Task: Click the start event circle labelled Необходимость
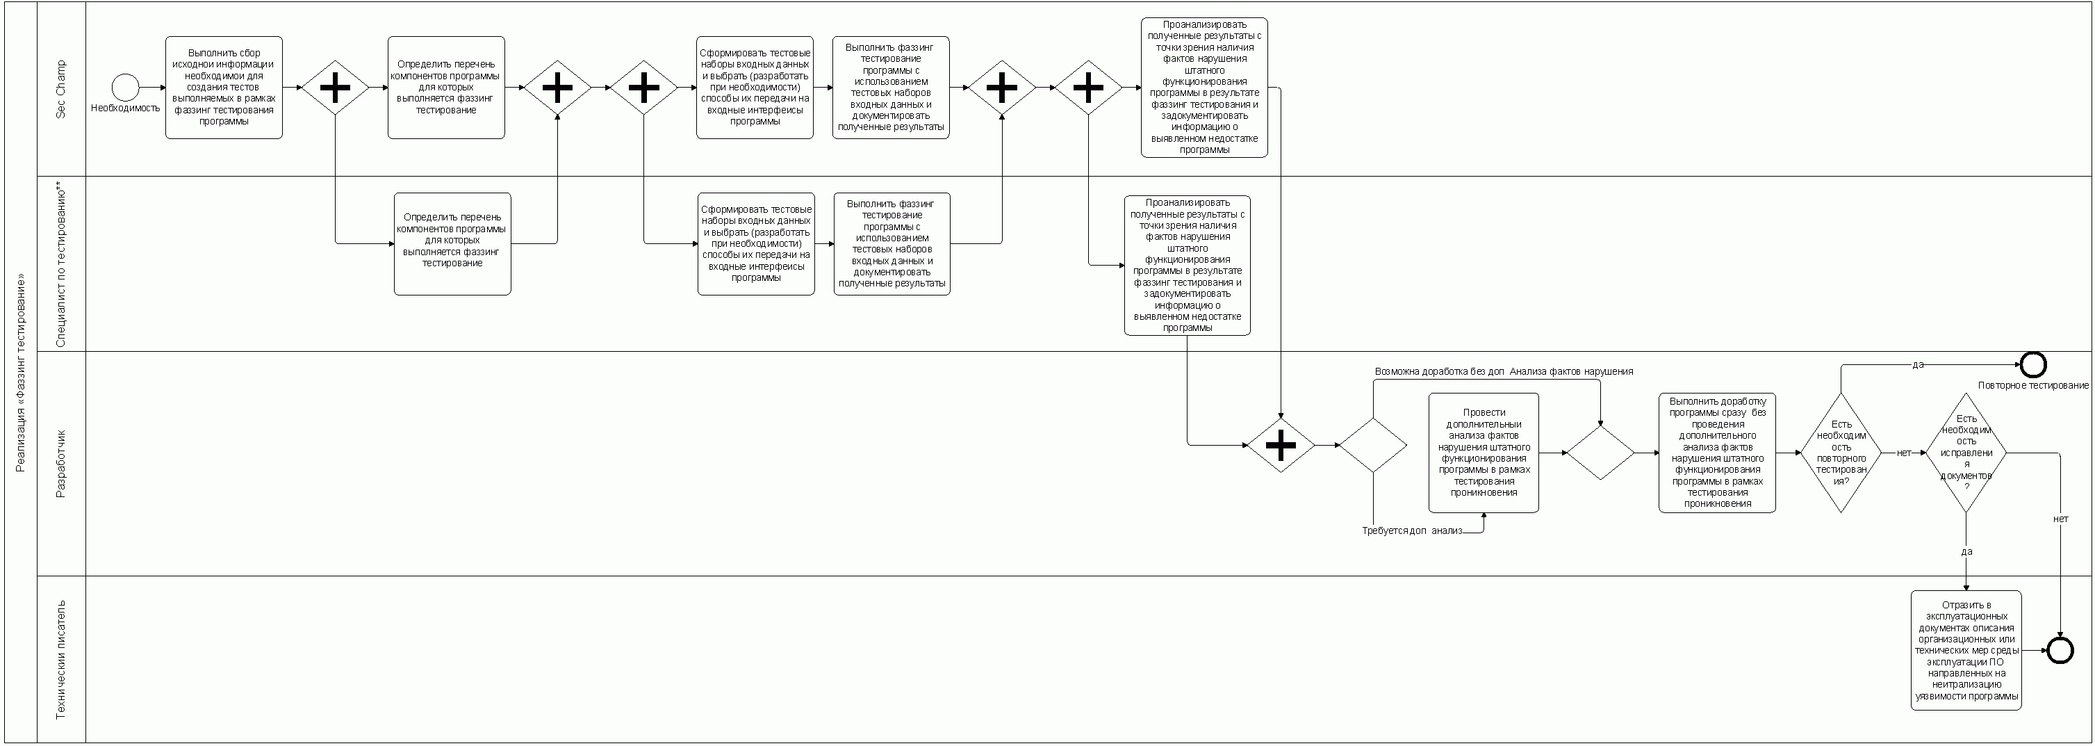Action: pos(125,87)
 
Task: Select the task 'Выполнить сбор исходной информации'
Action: pos(224,87)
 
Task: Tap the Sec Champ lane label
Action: pos(61,89)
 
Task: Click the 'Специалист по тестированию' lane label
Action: pos(61,264)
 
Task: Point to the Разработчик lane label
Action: pos(61,463)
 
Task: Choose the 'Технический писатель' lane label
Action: pos(61,659)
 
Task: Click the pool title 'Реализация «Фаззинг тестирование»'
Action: pos(21,373)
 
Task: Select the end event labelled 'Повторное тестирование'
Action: pos(2032,364)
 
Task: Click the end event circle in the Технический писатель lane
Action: pos(2060,650)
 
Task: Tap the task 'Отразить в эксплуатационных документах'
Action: pos(1966,650)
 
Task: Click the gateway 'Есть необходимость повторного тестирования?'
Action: pos(1841,453)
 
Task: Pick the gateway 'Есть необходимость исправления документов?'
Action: pos(1966,453)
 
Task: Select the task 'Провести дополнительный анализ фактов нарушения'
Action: pos(1484,453)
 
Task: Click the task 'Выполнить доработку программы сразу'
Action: pos(1717,453)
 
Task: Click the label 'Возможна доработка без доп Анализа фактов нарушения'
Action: pos(1503,372)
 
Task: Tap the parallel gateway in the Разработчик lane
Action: pos(1280,445)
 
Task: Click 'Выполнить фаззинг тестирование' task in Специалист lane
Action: pos(892,243)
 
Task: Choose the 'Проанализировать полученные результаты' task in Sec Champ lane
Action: pos(1203,87)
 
